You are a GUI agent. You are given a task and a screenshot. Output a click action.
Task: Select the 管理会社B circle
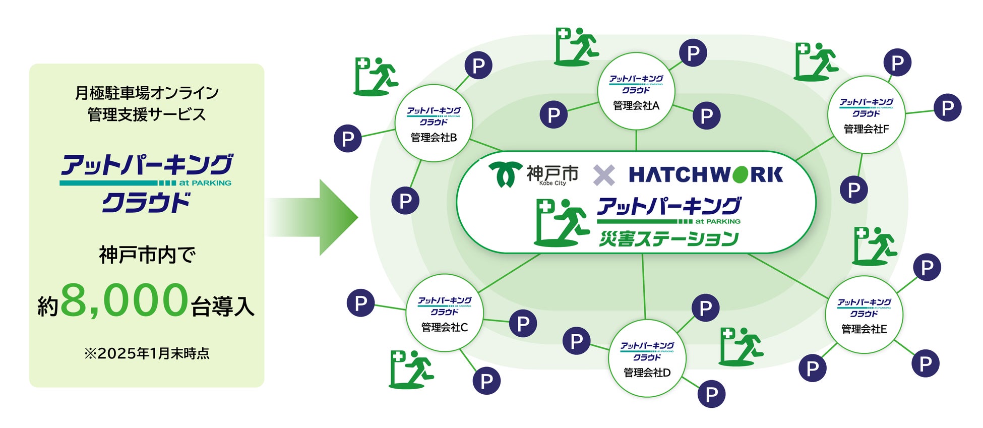(x=434, y=123)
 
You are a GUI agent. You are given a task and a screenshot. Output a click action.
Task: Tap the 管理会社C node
(x=444, y=313)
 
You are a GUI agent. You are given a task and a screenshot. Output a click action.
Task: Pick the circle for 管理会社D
(x=647, y=358)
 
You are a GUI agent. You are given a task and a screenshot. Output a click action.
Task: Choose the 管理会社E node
(x=864, y=315)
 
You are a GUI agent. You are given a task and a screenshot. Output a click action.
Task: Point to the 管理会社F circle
(x=866, y=115)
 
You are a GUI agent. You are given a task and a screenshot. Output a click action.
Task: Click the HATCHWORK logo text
(x=705, y=174)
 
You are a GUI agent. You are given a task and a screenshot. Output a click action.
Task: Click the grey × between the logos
(x=603, y=175)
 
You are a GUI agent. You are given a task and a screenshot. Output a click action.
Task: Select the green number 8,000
(x=125, y=300)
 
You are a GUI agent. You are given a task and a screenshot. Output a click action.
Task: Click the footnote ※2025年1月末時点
(x=147, y=353)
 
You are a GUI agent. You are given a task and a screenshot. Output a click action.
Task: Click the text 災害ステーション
(x=668, y=238)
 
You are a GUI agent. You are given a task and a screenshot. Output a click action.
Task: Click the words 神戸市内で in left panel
(x=147, y=255)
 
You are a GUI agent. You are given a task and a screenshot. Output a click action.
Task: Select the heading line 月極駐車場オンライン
(x=147, y=93)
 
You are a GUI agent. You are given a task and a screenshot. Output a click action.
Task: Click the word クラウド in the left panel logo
(x=146, y=203)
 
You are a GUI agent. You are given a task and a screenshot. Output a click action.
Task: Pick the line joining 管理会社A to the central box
(x=636, y=140)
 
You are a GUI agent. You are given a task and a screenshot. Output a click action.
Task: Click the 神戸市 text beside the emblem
(x=552, y=173)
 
